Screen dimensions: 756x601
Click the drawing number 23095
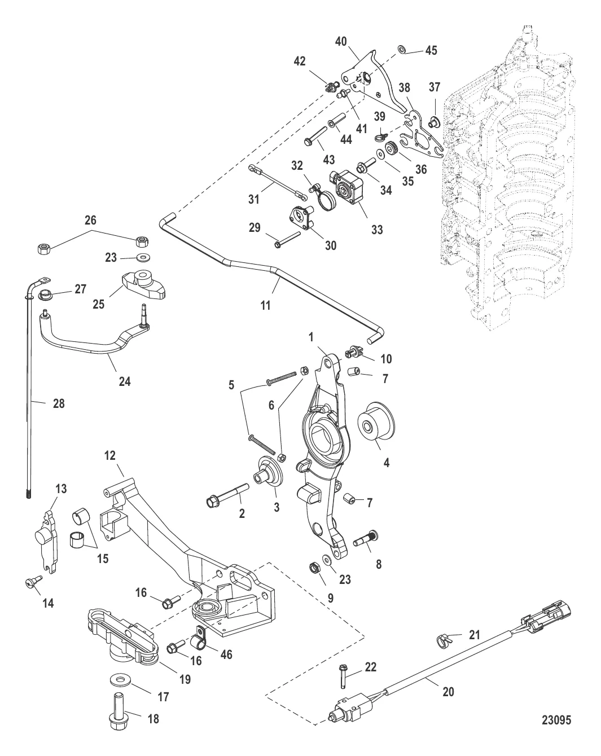tap(557, 720)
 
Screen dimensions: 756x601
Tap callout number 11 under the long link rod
tap(265, 306)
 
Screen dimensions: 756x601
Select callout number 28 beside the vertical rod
tap(58, 404)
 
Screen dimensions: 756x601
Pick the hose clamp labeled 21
tap(445, 640)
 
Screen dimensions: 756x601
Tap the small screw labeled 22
tap(343, 676)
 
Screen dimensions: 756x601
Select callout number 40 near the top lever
tap(341, 42)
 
